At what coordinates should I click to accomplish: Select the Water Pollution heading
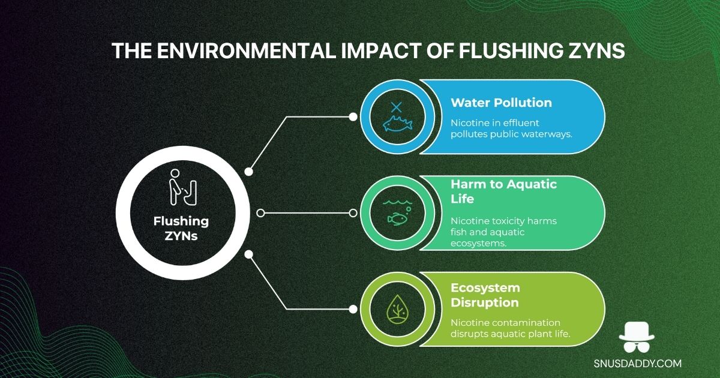(x=501, y=103)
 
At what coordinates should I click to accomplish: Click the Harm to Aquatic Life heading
(x=503, y=191)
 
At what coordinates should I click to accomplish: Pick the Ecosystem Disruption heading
(x=485, y=295)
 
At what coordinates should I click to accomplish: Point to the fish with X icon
(x=397, y=117)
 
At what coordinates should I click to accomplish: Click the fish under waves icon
(x=397, y=213)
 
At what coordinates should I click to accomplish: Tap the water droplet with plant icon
(x=397, y=309)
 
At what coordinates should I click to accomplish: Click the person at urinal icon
(x=183, y=187)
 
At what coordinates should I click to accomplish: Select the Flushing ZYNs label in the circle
(x=181, y=229)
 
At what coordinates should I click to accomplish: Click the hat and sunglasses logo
(x=637, y=337)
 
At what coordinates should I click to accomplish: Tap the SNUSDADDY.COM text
(x=637, y=364)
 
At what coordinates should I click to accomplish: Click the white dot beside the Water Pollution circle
(x=353, y=117)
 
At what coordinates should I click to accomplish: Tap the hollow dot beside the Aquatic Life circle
(x=353, y=213)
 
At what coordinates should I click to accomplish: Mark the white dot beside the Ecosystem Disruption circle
(x=353, y=309)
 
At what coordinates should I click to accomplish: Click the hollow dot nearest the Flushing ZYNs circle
(x=260, y=213)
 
